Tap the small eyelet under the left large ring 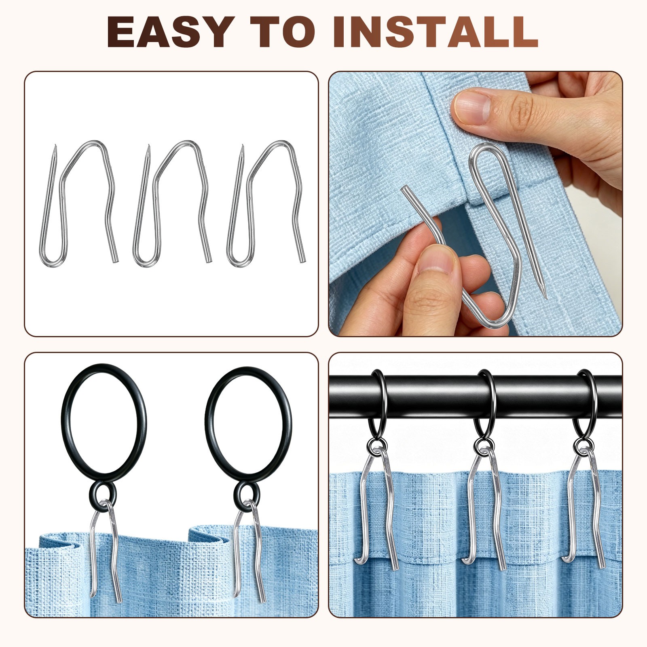pyautogui.click(x=103, y=493)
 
